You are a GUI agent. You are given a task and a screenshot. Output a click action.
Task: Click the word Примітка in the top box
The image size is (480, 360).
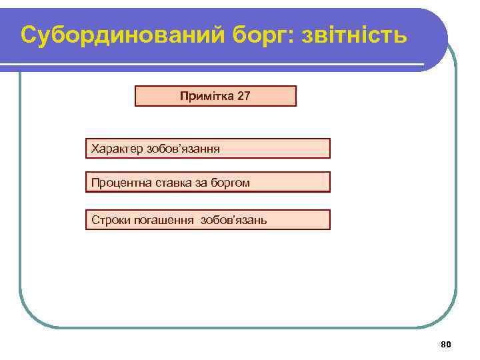tap(203, 96)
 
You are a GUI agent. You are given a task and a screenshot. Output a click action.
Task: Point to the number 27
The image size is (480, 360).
tap(243, 96)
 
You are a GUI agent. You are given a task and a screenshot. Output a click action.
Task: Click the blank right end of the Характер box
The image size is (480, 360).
tap(300, 149)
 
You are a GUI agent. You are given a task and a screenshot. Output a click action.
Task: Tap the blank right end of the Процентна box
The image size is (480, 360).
tap(300, 182)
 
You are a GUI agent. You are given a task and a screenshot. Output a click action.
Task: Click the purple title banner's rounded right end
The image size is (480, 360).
tap(433, 37)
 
